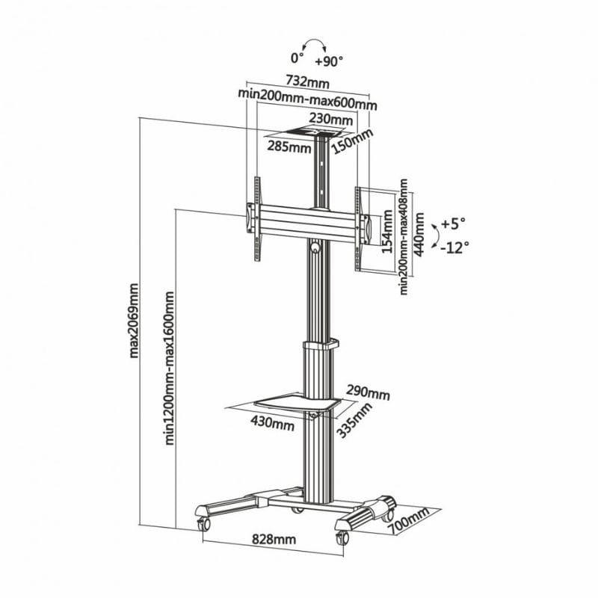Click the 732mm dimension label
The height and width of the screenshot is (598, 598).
[x=307, y=79]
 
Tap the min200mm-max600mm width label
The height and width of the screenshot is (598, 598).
[x=307, y=93]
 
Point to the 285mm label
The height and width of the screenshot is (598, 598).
[x=290, y=147]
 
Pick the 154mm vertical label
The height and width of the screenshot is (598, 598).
[x=387, y=232]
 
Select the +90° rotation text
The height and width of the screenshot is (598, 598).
[x=330, y=58]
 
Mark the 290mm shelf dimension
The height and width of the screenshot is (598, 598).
[x=368, y=392]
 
